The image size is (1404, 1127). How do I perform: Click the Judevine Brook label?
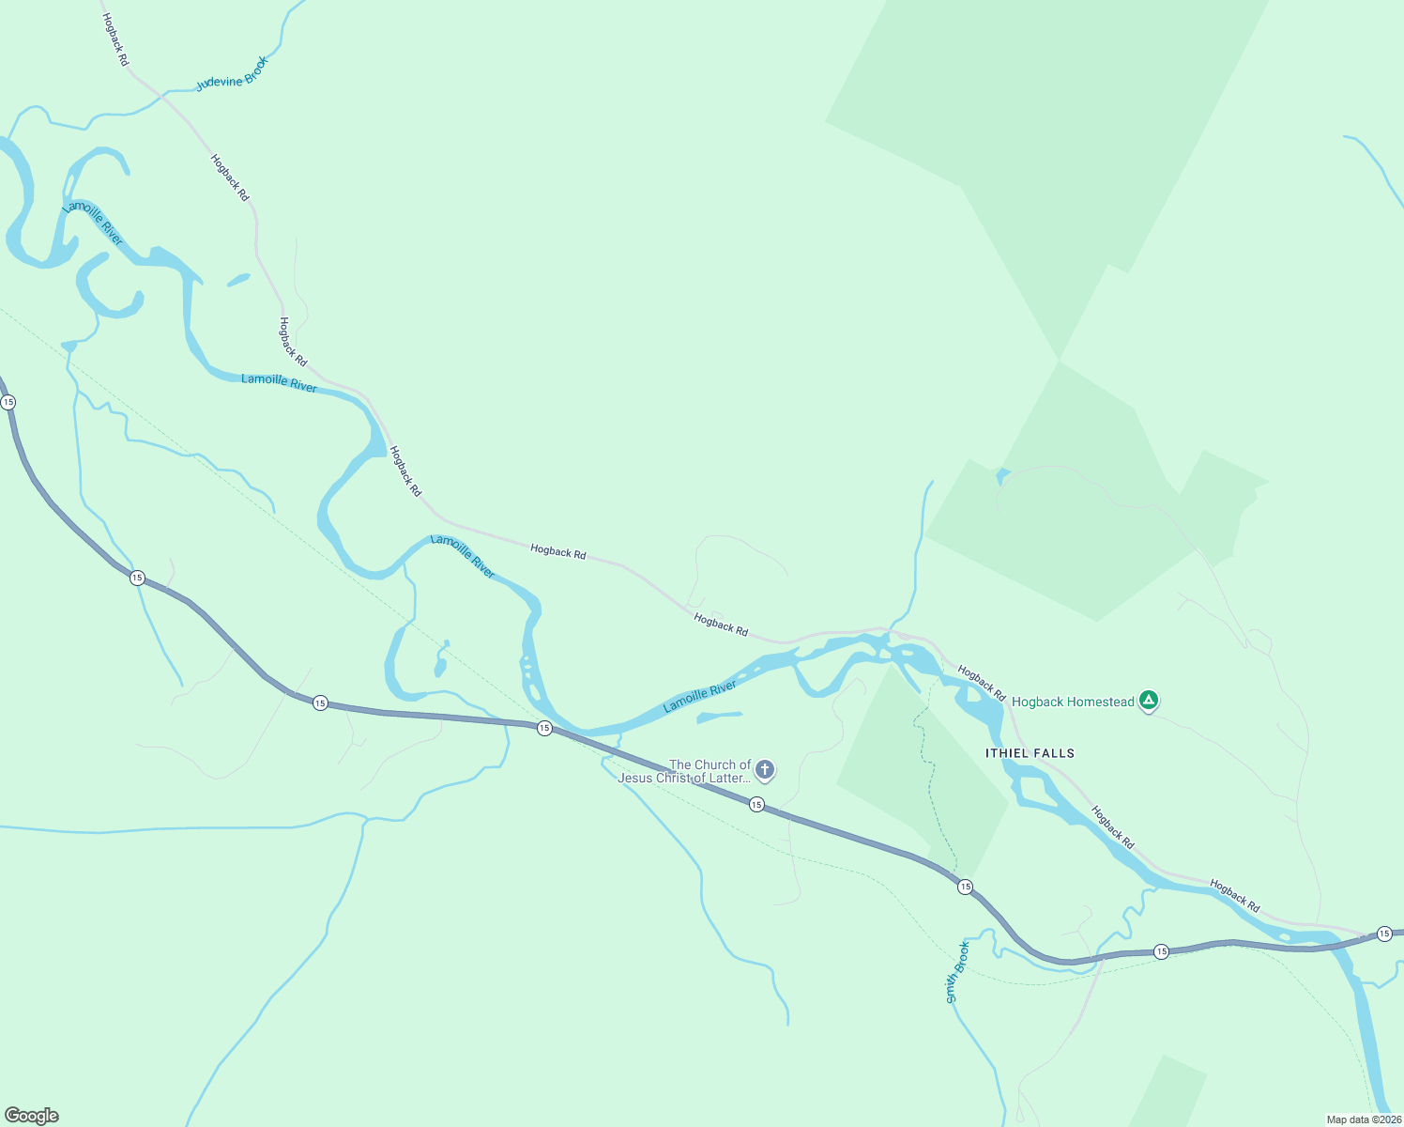tap(233, 74)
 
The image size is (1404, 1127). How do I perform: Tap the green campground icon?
tap(1149, 701)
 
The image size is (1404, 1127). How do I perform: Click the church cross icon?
tap(765, 771)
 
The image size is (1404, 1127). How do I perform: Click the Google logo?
tap(32, 1116)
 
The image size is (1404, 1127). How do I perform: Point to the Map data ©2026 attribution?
tap(1363, 1119)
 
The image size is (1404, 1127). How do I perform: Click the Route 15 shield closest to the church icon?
tap(756, 804)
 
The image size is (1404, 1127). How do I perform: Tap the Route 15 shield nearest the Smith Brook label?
tap(965, 887)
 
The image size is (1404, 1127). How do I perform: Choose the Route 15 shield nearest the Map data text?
tap(1384, 933)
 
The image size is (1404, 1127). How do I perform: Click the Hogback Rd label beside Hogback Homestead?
tap(982, 684)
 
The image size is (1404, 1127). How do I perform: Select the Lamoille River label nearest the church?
tap(700, 698)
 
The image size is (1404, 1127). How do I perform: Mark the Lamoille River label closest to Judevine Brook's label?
tap(93, 224)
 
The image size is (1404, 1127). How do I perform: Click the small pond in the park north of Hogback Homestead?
tap(1002, 475)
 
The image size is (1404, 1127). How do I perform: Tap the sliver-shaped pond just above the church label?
tap(720, 718)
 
